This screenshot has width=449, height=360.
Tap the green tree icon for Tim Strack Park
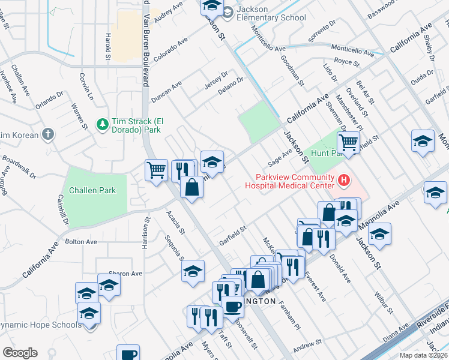click(103, 124)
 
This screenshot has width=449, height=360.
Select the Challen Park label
click(92, 190)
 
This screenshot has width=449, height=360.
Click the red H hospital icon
click(344, 179)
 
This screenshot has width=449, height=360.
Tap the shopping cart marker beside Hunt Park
click(348, 143)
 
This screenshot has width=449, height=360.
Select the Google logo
click(20, 353)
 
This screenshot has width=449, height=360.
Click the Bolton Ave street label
click(81, 242)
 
